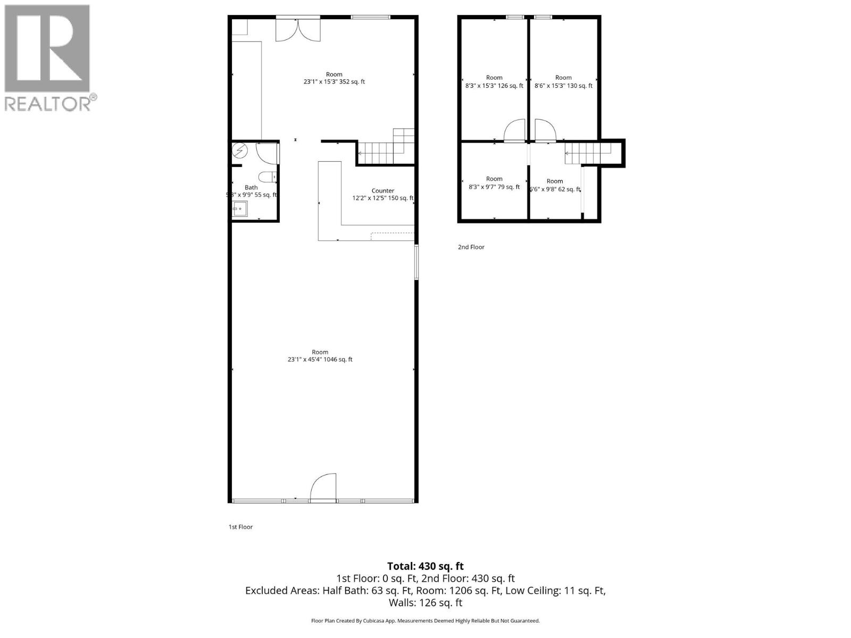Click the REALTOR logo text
(x=51, y=103)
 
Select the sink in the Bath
(x=240, y=209)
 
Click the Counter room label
(x=383, y=191)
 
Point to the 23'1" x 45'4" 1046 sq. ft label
(x=320, y=359)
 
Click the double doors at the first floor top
(x=298, y=30)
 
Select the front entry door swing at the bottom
(x=323, y=487)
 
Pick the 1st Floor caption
(x=240, y=527)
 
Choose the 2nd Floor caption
(x=471, y=247)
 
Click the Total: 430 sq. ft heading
(x=425, y=566)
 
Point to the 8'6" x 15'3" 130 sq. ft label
(x=563, y=86)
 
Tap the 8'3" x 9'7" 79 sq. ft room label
(x=494, y=187)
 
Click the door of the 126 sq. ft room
(x=514, y=131)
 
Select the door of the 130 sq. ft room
(x=545, y=131)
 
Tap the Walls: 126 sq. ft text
(x=425, y=603)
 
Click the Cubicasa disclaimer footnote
(x=425, y=620)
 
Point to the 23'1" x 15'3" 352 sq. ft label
(x=334, y=82)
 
